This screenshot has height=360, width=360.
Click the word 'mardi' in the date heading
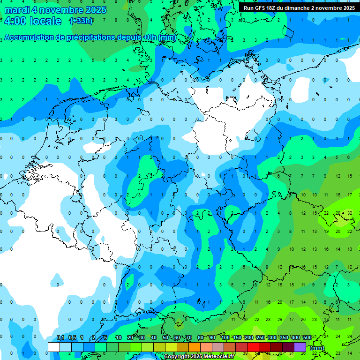[x=17, y=10]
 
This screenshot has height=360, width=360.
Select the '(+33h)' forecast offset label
[x=81, y=21]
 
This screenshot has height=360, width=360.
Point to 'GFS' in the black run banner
[x=262, y=8]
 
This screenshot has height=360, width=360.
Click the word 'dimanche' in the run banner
[x=300, y=8]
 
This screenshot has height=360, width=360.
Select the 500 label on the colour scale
[x=307, y=337]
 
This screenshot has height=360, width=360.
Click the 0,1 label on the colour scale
[x=60, y=337]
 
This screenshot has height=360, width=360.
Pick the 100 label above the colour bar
[x=225, y=337]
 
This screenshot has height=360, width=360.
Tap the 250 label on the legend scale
[x=261, y=337]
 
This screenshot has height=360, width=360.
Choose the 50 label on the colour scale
[x=165, y=337]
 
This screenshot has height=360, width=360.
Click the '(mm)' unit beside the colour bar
[x=317, y=348]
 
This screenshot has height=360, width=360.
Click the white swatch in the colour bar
[x=54, y=347]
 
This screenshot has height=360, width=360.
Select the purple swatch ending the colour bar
[x=300, y=347]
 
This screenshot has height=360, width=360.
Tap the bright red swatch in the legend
[x=253, y=347]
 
